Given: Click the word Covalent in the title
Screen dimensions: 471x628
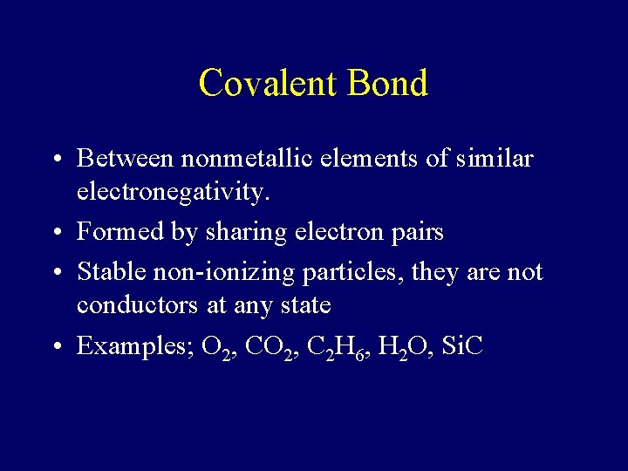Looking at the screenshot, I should click(x=267, y=84).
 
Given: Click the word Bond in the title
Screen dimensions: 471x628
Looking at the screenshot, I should click(x=387, y=84).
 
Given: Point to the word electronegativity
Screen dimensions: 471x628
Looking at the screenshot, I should click(x=173, y=192).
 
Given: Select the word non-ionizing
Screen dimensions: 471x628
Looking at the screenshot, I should click(x=225, y=273).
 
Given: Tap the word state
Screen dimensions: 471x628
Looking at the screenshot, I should click(x=307, y=305).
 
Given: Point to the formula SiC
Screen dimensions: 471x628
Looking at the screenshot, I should click(x=463, y=346).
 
